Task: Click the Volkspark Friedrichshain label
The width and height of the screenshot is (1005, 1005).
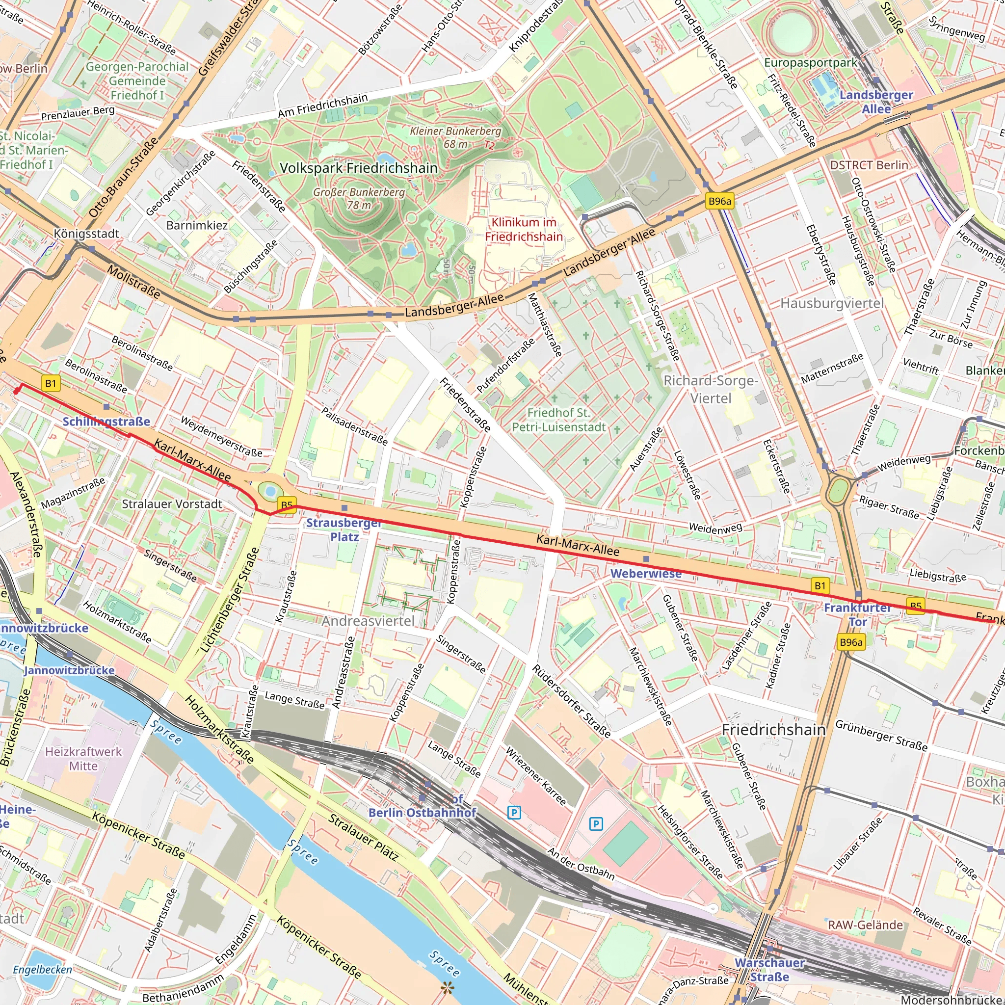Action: [x=358, y=168]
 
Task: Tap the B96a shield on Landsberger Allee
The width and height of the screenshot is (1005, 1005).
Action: [x=719, y=201]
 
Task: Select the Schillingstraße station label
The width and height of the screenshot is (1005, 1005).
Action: [x=106, y=422]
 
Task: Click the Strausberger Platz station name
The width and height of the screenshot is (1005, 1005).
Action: [x=344, y=529]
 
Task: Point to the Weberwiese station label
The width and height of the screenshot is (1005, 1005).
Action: [x=646, y=573]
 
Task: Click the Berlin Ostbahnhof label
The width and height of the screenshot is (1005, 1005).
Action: [x=422, y=813]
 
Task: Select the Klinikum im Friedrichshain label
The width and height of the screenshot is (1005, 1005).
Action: [x=524, y=229]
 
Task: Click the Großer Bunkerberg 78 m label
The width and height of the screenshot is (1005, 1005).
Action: [x=359, y=198]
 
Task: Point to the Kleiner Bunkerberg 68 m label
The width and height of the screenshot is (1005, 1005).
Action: [x=455, y=137]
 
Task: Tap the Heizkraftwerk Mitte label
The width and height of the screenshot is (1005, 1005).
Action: [x=83, y=759]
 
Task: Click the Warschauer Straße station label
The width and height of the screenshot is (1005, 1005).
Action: [x=769, y=970]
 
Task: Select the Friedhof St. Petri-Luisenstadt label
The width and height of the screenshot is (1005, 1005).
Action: [x=558, y=420]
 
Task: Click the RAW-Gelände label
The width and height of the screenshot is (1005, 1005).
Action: [x=865, y=925]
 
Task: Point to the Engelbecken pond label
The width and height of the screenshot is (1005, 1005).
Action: [x=43, y=970]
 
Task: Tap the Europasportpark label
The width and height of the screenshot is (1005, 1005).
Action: [x=810, y=62]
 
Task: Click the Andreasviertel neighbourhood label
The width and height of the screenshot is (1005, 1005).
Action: [x=368, y=621]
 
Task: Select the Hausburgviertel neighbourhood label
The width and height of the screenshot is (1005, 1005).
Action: [x=831, y=303]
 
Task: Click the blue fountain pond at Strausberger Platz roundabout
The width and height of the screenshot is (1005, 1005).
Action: [x=270, y=490]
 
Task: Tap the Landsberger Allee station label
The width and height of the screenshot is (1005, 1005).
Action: [x=876, y=102]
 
